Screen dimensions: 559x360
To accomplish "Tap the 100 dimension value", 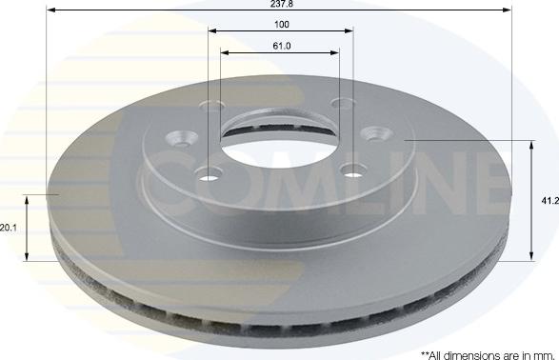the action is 282,25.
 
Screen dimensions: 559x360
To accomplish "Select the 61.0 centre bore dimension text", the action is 282,46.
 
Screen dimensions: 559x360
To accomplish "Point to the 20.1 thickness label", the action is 9,228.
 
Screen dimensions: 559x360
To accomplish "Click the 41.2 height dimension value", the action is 550,201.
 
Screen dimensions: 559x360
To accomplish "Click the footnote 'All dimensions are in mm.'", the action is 488,355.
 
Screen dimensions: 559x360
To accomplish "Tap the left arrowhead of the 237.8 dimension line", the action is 51,10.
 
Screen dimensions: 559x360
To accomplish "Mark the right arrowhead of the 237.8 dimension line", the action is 507,10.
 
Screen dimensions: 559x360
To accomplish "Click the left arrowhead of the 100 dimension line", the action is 212,31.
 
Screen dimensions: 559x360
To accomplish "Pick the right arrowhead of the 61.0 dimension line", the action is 334,52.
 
